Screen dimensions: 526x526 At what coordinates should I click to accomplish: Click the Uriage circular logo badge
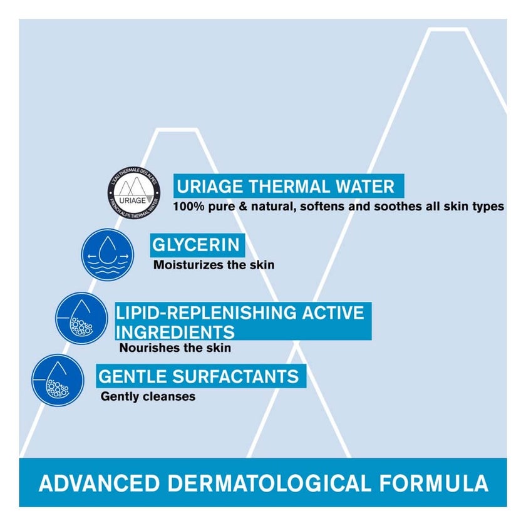click(137, 190)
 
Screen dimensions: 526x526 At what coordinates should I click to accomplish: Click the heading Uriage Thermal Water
click(286, 187)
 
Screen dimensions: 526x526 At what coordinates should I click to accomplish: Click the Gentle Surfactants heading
click(198, 376)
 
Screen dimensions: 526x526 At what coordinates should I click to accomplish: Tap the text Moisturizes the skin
click(214, 265)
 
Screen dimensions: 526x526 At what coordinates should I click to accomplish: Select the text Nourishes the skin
click(175, 348)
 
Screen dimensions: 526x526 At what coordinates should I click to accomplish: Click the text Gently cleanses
click(148, 396)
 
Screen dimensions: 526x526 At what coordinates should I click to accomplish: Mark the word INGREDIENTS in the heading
click(175, 331)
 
